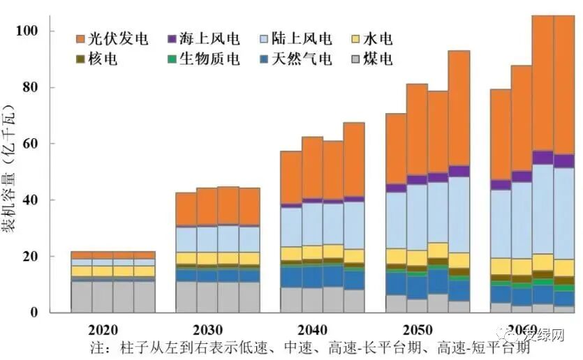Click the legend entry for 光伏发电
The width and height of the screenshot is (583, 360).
coord(111,38)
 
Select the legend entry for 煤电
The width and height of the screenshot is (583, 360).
coord(374,59)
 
